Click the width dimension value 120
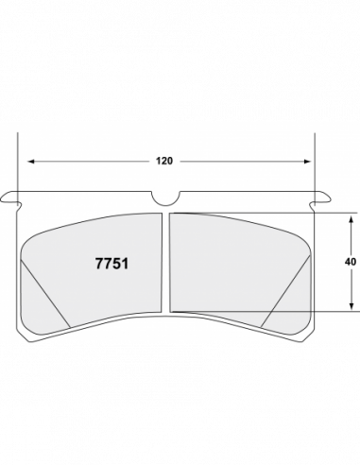(x=165, y=161)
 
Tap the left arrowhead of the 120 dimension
(x=28, y=161)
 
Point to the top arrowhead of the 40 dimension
(x=351, y=215)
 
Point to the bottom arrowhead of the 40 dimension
(x=351, y=307)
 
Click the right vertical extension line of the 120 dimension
(x=314, y=170)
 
